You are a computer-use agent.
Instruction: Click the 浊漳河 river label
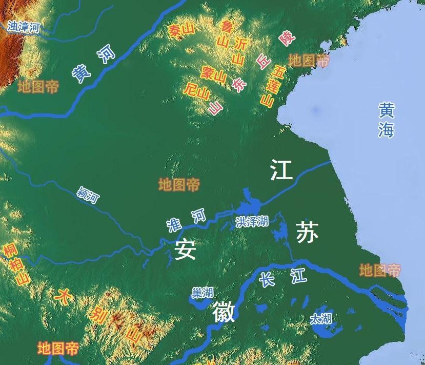(x=24, y=27)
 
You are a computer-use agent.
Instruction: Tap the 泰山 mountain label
(x=181, y=32)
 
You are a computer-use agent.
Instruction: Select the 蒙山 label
(x=214, y=75)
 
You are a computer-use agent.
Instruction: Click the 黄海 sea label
(x=387, y=120)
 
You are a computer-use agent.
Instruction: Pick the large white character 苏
(x=307, y=234)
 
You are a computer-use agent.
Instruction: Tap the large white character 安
(x=185, y=249)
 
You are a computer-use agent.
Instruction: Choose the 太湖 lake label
(x=320, y=319)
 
